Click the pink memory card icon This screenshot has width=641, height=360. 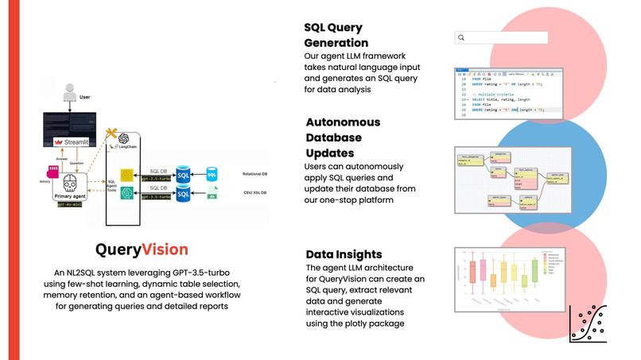53,170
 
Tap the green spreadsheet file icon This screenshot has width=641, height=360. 212,193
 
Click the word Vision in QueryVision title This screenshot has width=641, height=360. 165,250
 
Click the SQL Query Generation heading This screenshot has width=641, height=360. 336,35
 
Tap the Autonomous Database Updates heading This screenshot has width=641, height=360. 332,137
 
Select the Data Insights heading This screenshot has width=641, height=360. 343,254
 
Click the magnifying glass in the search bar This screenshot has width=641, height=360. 461,37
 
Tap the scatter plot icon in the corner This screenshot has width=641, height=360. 589,322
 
